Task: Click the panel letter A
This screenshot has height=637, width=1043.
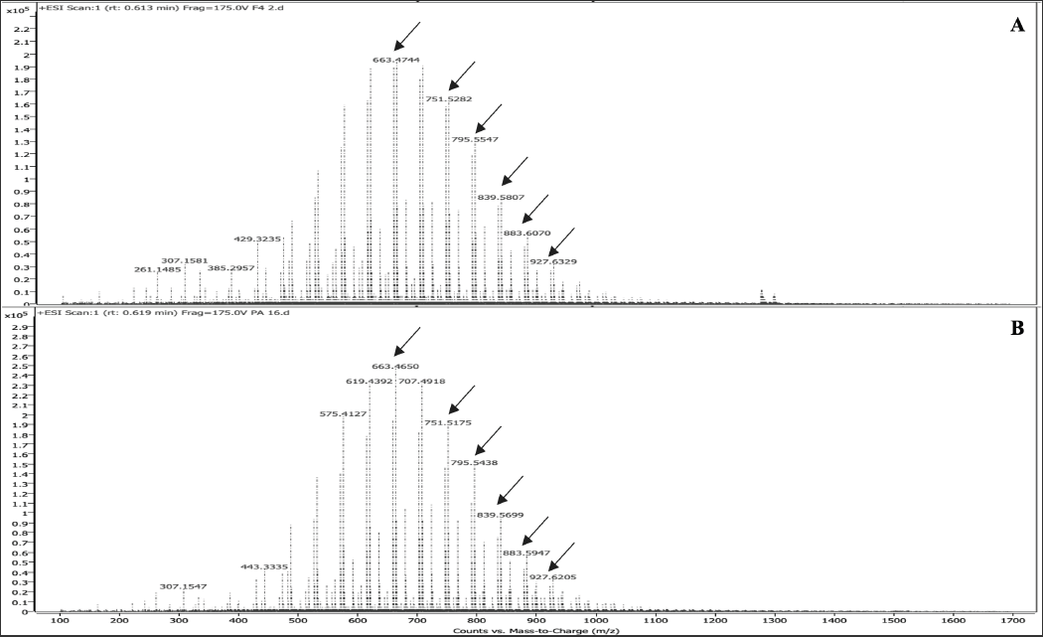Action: click(1016, 26)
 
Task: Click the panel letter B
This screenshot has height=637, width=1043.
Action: click(1016, 327)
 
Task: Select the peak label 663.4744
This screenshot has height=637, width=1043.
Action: click(396, 61)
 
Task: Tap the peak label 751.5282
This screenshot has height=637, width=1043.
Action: click(448, 99)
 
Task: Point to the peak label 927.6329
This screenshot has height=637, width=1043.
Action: click(553, 262)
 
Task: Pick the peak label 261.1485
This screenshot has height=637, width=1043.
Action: click(158, 270)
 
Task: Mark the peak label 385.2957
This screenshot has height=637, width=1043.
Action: click(230, 268)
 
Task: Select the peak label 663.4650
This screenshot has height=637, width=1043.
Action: click(395, 367)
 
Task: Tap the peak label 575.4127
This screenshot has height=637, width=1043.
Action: click(344, 414)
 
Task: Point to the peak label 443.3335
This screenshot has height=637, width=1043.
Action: click(265, 567)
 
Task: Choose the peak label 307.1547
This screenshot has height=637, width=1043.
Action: click(184, 586)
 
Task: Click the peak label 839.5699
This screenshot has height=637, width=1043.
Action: click(501, 516)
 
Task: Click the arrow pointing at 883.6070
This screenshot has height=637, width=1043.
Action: click(534, 209)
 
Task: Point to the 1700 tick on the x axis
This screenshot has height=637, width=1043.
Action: click(1012, 622)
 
